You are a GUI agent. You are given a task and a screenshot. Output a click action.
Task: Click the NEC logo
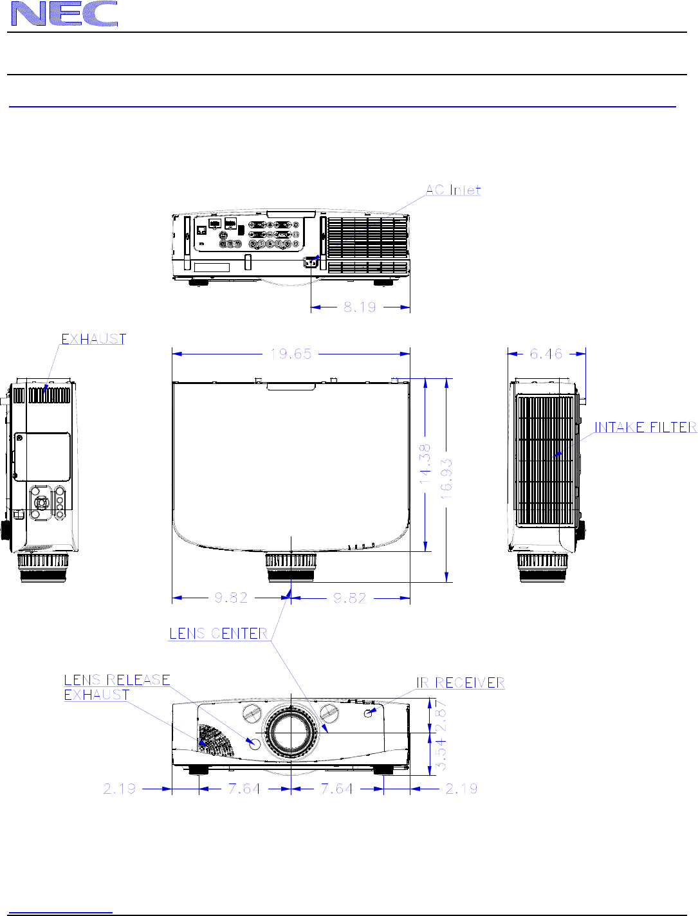(64, 14)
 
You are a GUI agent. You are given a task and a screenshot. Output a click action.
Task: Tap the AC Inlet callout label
(453, 190)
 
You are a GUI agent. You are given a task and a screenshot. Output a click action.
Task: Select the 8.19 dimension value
(360, 307)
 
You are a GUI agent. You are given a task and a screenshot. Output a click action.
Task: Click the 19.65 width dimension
(291, 354)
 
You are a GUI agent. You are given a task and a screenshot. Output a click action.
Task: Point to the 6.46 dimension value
(546, 354)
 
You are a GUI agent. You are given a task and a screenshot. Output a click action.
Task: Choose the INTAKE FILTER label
(645, 427)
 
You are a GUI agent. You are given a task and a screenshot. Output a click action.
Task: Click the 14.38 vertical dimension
(425, 464)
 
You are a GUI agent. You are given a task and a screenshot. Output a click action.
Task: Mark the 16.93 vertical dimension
(446, 479)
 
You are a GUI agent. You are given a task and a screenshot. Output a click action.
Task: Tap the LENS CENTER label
(218, 634)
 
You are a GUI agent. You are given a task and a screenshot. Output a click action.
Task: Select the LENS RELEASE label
(117, 680)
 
